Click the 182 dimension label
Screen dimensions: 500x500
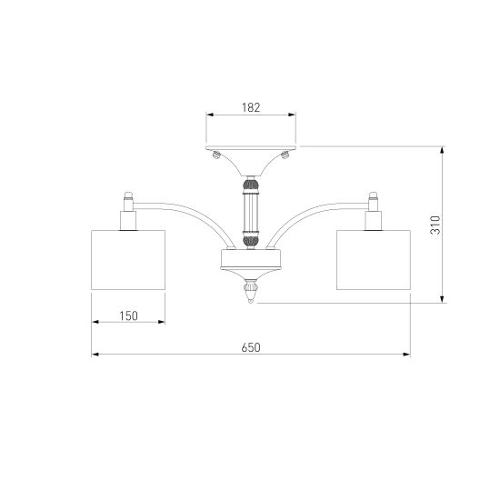point(251,107)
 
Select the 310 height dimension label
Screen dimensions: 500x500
point(435,225)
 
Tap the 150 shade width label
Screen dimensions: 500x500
point(128,316)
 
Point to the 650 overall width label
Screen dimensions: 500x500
point(251,347)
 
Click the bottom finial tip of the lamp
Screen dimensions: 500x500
point(251,300)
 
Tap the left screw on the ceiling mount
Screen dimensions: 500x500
point(216,155)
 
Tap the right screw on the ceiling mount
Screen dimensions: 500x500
point(285,155)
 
